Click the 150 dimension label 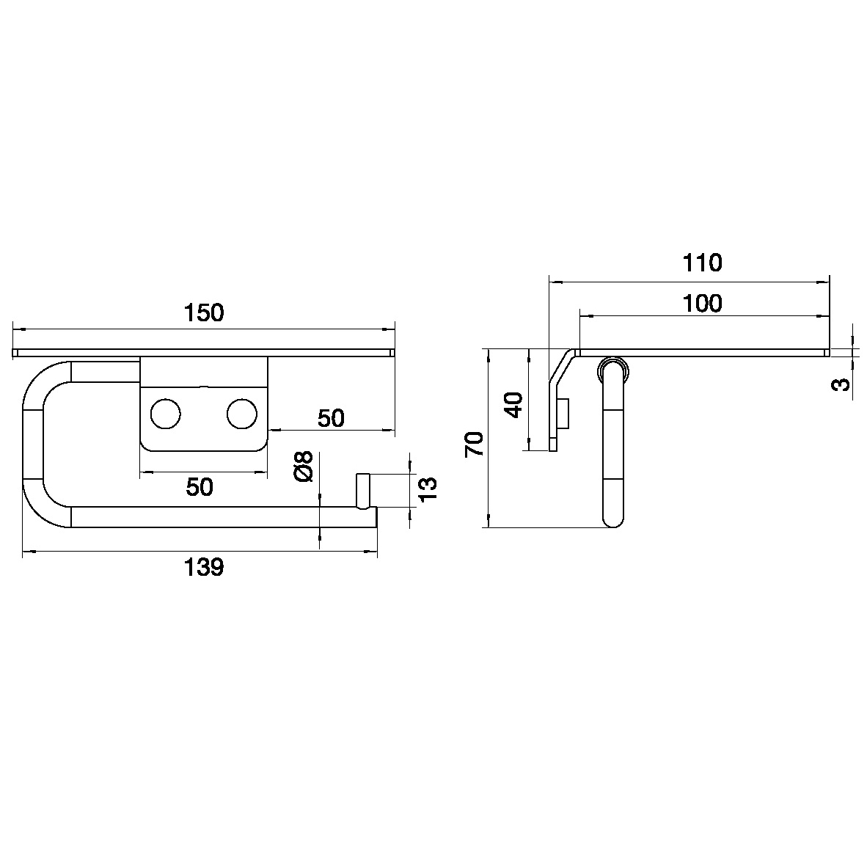(203, 313)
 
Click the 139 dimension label (203, 567)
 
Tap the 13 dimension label (428, 489)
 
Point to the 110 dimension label (701, 263)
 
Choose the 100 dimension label (701, 303)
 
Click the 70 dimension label (476, 445)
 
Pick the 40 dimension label (514, 405)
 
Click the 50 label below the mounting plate (200, 487)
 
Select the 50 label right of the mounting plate (330, 418)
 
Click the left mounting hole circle (165, 414)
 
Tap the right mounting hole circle (242, 414)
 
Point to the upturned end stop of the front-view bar (363, 490)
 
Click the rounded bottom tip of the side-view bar (612, 520)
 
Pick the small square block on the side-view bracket (563, 414)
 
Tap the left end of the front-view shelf (15, 353)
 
